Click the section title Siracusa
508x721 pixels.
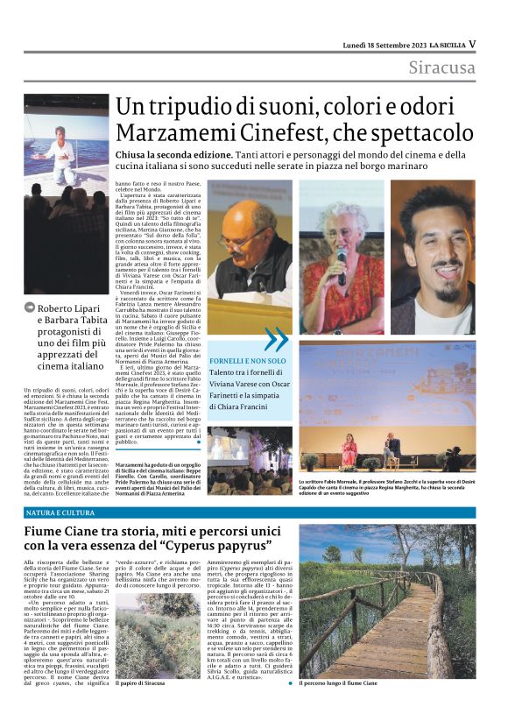click(442, 67)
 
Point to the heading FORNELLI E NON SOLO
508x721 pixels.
click(247, 360)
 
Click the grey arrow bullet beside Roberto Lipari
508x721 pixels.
click(30, 307)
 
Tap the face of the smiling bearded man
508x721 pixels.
click(441, 238)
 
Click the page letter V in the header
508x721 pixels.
click(472, 43)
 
